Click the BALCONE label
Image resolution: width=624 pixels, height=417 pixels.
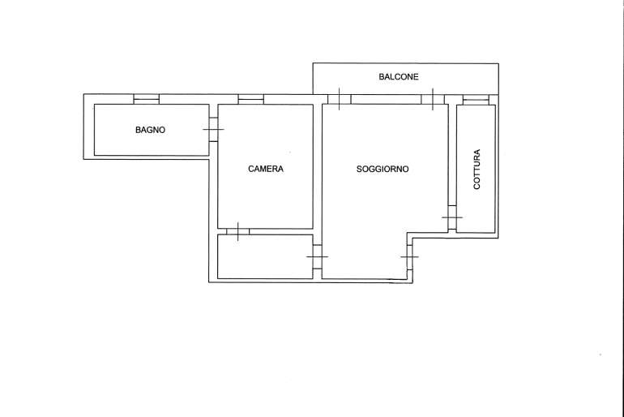click(x=399, y=76)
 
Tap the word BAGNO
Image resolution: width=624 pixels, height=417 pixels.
click(x=150, y=130)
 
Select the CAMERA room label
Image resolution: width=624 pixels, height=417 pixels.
click(x=266, y=169)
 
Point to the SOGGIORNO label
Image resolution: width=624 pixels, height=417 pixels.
click(x=382, y=169)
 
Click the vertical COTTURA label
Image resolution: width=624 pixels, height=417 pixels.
click(x=477, y=169)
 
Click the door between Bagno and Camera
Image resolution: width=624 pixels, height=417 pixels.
click(x=213, y=129)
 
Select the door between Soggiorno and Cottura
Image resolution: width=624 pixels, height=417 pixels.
click(x=452, y=217)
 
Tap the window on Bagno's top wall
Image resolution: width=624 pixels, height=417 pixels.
click(x=146, y=99)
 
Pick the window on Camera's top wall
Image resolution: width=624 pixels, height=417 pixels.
click(x=250, y=99)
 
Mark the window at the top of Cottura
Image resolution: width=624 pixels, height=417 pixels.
click(x=476, y=100)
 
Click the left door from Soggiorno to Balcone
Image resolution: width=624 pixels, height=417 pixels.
click(x=339, y=99)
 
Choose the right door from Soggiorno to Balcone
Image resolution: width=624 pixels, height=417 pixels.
click(x=433, y=99)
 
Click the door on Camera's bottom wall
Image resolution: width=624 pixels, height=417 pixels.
click(x=238, y=231)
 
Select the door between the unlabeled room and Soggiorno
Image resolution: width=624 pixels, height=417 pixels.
click(x=317, y=256)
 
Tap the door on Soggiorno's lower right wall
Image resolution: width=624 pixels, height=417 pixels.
click(x=409, y=256)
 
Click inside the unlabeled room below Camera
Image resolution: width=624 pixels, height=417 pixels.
click(x=265, y=256)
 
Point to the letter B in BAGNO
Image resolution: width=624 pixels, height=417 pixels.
click(x=138, y=130)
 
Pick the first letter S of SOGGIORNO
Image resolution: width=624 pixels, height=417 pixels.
click(x=359, y=169)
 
